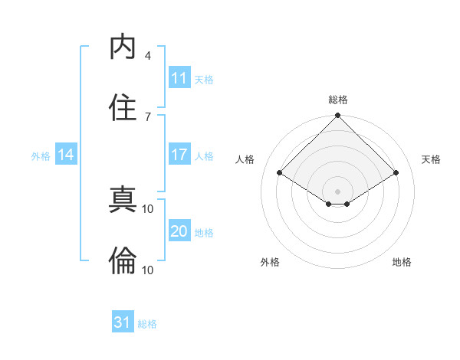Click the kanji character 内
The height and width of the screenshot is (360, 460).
click(x=123, y=47)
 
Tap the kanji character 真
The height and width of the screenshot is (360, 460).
click(x=123, y=201)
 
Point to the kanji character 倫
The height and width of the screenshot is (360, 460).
click(x=123, y=261)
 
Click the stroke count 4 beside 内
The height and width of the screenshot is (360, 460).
click(x=148, y=56)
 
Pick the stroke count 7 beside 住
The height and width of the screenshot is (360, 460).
click(x=148, y=116)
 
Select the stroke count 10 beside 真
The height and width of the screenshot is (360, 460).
click(x=148, y=208)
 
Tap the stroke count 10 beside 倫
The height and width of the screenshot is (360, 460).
click(x=148, y=270)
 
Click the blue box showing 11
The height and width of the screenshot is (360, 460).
click(x=179, y=78)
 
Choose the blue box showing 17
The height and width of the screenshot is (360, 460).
click(x=179, y=155)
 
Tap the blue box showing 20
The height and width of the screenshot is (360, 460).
click(x=179, y=231)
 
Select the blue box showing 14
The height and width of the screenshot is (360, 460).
click(x=66, y=155)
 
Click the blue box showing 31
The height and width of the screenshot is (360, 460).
click(x=123, y=322)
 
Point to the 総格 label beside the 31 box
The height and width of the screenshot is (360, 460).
click(x=148, y=324)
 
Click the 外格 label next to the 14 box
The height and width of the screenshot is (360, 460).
click(x=41, y=156)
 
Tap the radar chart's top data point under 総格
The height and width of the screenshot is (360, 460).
click(x=337, y=116)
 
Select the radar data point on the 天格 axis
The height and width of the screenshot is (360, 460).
click(x=396, y=173)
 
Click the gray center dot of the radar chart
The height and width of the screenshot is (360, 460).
click(x=337, y=191)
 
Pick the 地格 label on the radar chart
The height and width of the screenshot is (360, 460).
click(x=402, y=262)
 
